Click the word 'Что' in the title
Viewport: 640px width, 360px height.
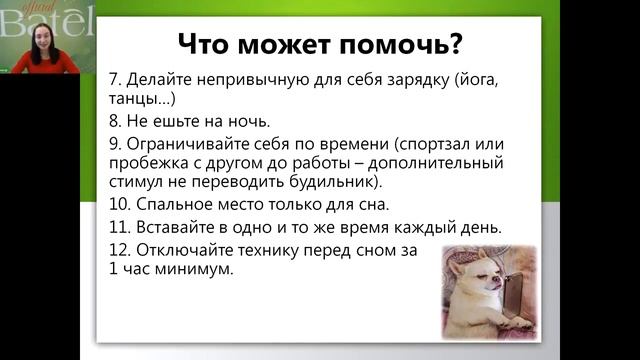point(207,45)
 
